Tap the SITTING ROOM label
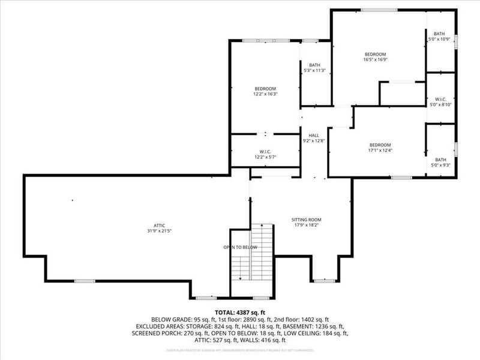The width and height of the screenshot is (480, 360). (x=304, y=220)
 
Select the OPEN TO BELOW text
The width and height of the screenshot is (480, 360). (x=240, y=247)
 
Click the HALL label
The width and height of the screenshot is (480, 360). (x=314, y=136)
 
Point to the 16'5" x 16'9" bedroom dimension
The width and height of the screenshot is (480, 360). (x=375, y=59)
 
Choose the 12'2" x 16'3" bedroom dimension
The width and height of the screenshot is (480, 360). (x=265, y=94)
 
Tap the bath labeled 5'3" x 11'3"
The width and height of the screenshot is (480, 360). (x=315, y=71)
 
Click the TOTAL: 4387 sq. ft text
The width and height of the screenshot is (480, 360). (x=239, y=312)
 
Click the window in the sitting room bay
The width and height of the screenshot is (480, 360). (x=325, y=280)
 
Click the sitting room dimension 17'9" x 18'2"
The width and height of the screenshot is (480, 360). (x=304, y=226)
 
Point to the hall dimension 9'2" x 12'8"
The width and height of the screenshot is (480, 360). (x=314, y=142)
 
